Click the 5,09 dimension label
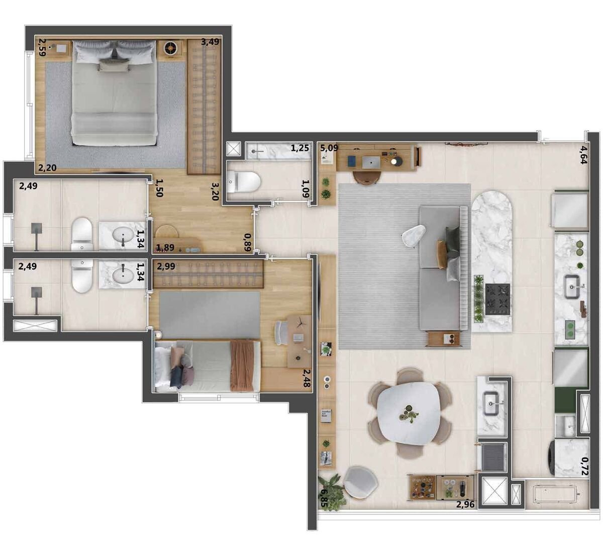[329, 148]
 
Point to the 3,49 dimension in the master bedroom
[210, 42]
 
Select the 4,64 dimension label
[583, 155]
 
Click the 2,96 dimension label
[465, 504]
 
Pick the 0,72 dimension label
[584, 466]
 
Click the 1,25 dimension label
[299, 148]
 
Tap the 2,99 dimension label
[166, 266]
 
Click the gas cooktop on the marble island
[497, 299]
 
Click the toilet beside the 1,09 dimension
[244, 181]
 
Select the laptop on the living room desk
[371, 163]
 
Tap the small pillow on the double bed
[114, 65]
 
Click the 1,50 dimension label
[159, 188]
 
